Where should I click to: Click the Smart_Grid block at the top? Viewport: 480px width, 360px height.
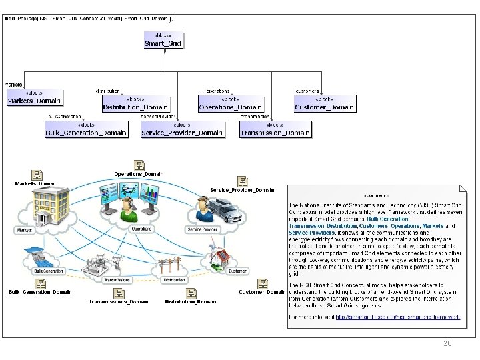coord(163,39)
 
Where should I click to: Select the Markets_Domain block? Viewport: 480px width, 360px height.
coord(35,97)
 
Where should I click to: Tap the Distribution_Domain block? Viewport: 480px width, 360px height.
coord(135,103)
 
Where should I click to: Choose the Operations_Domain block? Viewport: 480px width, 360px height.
coord(231,103)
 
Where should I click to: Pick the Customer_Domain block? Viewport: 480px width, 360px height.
coord(325,103)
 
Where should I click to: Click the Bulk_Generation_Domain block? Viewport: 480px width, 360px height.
coord(86,129)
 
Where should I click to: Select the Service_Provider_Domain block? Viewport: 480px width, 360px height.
coord(182,129)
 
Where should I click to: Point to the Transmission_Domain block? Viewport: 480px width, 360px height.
coord(275,129)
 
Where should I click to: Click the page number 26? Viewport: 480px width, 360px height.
coord(447,343)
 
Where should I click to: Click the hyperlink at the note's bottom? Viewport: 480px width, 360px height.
coord(398,317)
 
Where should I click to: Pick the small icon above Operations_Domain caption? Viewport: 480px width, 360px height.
coord(139,165)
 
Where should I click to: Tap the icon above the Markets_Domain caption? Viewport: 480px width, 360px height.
coord(37,175)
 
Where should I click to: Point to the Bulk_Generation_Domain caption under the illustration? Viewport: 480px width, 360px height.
coord(40,292)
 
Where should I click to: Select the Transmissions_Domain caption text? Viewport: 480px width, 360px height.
coord(119,301)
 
